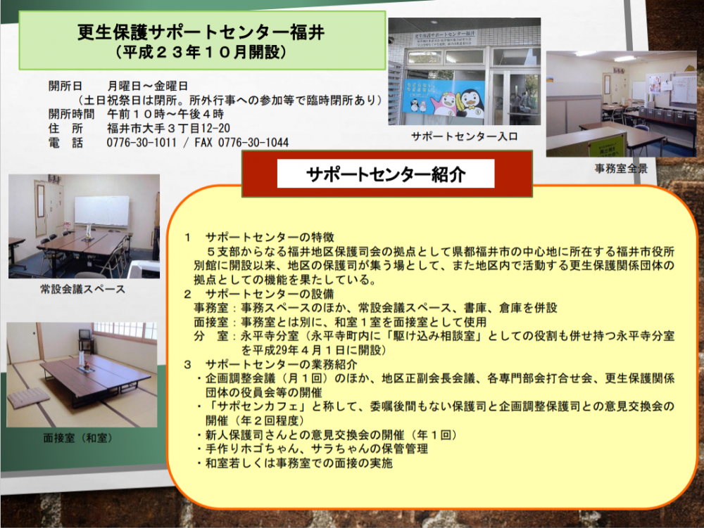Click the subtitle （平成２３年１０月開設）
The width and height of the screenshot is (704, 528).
pyautogui.click(x=201, y=53)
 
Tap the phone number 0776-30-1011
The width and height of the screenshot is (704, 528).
pyautogui.click(x=142, y=143)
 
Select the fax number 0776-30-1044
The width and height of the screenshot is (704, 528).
pyautogui.click(x=253, y=143)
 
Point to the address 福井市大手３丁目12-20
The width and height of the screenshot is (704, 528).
pyautogui.click(x=168, y=128)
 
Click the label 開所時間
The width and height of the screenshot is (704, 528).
pyautogui.click(x=71, y=114)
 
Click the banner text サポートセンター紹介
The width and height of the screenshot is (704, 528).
pyautogui.click(x=386, y=174)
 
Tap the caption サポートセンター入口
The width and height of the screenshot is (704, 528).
pyautogui.click(x=464, y=136)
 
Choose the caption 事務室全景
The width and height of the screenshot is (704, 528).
pyautogui.click(x=622, y=169)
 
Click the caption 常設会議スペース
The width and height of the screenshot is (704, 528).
pyautogui.click(x=83, y=289)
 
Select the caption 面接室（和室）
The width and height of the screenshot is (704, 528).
pyautogui.click(x=77, y=438)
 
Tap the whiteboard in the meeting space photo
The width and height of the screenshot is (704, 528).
pyautogui.click(x=102, y=211)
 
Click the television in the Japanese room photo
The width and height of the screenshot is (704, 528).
pyautogui.click(x=84, y=335)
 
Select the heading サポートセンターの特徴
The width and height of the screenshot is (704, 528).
pyautogui.click(x=270, y=237)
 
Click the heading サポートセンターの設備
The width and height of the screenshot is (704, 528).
pyautogui.click(x=270, y=294)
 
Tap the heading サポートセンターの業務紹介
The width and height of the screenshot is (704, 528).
pyautogui.click(x=281, y=364)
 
